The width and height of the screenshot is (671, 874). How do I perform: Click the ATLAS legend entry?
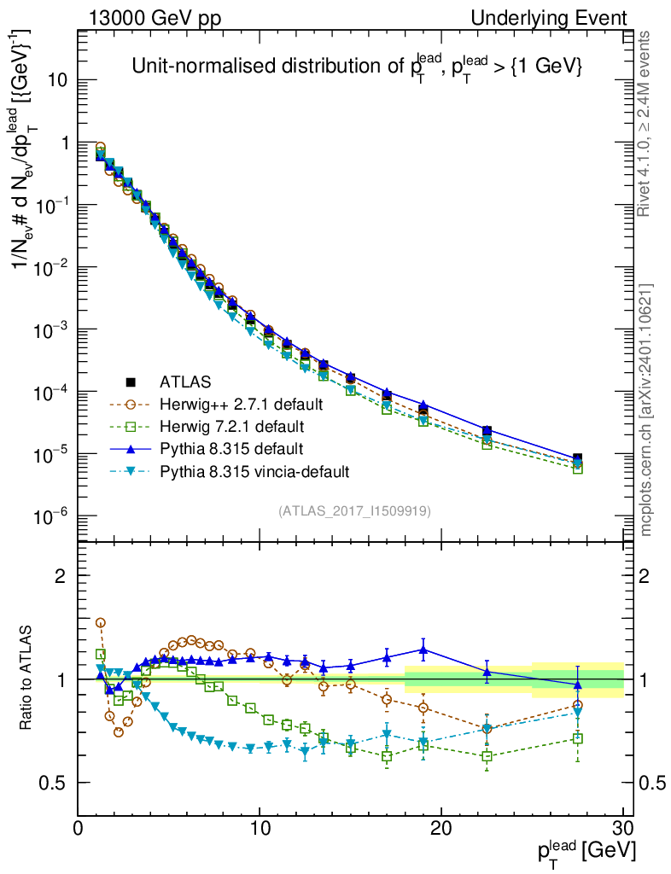[185, 382]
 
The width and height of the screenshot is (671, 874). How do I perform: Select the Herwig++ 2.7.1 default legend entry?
[241, 404]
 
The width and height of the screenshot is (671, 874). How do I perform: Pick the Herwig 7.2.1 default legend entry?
[233, 426]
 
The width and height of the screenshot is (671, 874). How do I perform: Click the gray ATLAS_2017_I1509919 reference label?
[354, 511]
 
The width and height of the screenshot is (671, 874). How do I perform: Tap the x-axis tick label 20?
[441, 829]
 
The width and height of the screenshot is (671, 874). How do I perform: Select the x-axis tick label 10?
[260, 829]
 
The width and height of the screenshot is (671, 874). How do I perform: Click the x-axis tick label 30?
[622, 829]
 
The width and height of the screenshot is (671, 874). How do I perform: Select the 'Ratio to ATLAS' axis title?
[28, 679]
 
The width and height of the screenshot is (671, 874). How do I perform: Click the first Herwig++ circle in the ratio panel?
[100, 623]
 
